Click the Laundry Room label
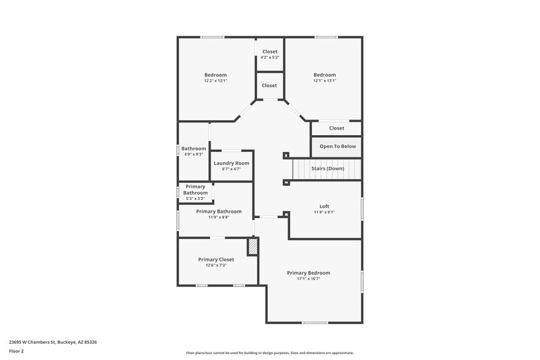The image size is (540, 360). [x=232, y=163]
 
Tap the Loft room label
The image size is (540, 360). [x=324, y=205]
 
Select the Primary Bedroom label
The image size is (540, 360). [x=308, y=272]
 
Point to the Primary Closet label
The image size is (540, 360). [x=216, y=259]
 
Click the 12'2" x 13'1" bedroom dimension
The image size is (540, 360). [x=215, y=80]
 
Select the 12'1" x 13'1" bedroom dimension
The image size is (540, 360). [x=324, y=80]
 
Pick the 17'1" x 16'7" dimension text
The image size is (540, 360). [x=308, y=278]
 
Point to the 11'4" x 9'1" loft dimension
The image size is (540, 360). [x=324, y=211]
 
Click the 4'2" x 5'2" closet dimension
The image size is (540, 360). [x=269, y=57]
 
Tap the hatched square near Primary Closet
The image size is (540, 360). [x=253, y=247]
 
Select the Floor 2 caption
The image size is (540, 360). [x=16, y=351]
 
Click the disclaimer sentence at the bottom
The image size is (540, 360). [x=269, y=353]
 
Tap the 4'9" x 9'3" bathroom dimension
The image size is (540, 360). [x=193, y=154]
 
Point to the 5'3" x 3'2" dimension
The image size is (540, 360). [x=195, y=199]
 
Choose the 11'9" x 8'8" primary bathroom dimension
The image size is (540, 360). [x=219, y=217]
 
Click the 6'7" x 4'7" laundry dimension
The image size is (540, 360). [x=232, y=169]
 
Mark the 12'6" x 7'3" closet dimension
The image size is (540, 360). [x=216, y=265]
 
